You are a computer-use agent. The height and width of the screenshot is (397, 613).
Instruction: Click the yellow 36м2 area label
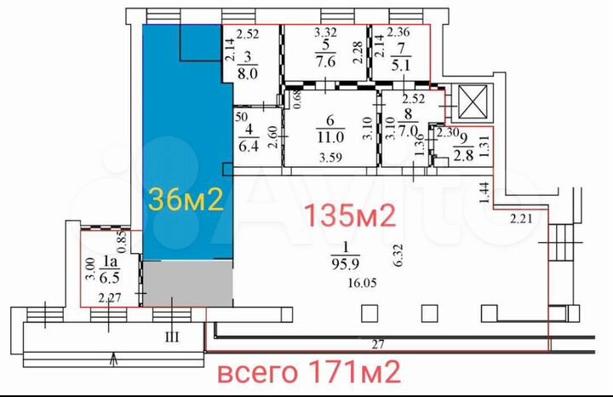(186, 199)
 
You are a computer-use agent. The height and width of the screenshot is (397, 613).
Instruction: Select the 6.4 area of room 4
(248, 146)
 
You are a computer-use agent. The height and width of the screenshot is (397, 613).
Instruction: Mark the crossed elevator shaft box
(473, 101)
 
